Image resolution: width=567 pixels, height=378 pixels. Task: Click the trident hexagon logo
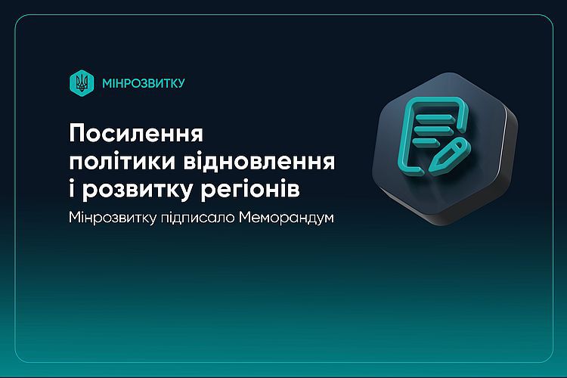pyautogui.click(x=82, y=83)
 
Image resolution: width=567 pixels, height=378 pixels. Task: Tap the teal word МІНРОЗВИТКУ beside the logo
pyautogui.click(x=144, y=83)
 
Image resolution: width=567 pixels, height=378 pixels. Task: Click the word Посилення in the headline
pyautogui.click(x=136, y=133)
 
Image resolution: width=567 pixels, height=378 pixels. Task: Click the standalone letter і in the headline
pyautogui.click(x=72, y=189)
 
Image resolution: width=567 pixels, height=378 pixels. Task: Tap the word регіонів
pyautogui.click(x=250, y=191)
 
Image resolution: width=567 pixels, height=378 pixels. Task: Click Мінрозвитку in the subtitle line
pyautogui.click(x=113, y=218)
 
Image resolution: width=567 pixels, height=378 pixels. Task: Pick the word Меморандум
pyautogui.click(x=287, y=218)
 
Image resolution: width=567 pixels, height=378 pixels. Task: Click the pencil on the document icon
pyautogui.click(x=449, y=156)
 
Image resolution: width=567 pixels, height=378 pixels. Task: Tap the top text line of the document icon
pyautogui.click(x=434, y=118)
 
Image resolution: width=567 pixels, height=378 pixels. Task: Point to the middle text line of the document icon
pyautogui.click(x=432, y=129)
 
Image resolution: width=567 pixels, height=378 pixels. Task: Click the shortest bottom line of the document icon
pyautogui.click(x=426, y=141)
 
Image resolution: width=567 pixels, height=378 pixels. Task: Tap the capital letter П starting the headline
pyautogui.click(x=76, y=133)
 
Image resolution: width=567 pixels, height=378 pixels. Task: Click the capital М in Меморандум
pyautogui.click(x=245, y=218)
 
